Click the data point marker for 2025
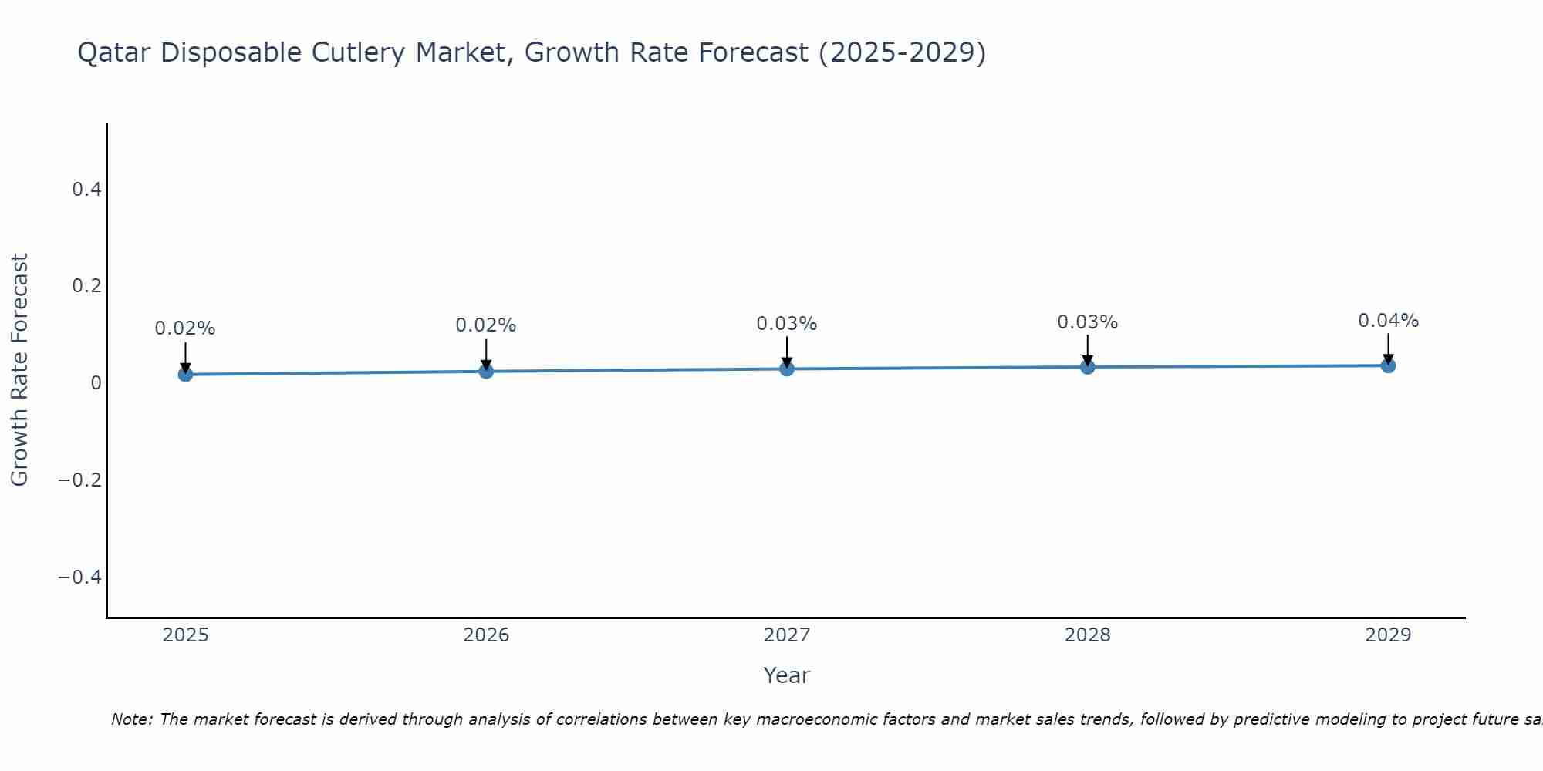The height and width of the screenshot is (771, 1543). pyautogui.click(x=185, y=374)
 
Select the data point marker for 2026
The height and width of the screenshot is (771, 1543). pyautogui.click(x=486, y=371)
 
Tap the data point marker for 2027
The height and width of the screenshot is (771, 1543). pyautogui.click(x=787, y=369)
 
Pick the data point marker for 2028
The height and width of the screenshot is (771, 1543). pyautogui.click(x=1087, y=366)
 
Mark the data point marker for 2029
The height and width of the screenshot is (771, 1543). pyautogui.click(x=1388, y=365)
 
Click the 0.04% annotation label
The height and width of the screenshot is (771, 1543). pyautogui.click(x=1388, y=321)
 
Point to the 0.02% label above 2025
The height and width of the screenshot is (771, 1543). pyautogui.click(x=185, y=328)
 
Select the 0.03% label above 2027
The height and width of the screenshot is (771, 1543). pyautogui.click(x=787, y=324)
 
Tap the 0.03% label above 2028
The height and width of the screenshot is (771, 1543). pyautogui.click(x=1087, y=322)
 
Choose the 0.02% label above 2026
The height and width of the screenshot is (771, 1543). pyautogui.click(x=486, y=325)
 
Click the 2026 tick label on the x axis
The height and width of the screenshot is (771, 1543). pyautogui.click(x=486, y=635)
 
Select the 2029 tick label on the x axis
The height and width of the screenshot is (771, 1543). pyautogui.click(x=1388, y=635)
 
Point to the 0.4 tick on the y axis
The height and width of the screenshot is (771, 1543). pyautogui.click(x=86, y=189)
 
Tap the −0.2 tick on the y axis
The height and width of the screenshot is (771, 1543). pyautogui.click(x=80, y=480)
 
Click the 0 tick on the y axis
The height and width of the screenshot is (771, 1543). pyautogui.click(x=96, y=382)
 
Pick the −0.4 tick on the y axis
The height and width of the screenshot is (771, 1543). pyautogui.click(x=80, y=577)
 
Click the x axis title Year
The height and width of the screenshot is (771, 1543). pyautogui.click(x=786, y=675)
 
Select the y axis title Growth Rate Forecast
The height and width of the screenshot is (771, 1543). pyautogui.click(x=19, y=369)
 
